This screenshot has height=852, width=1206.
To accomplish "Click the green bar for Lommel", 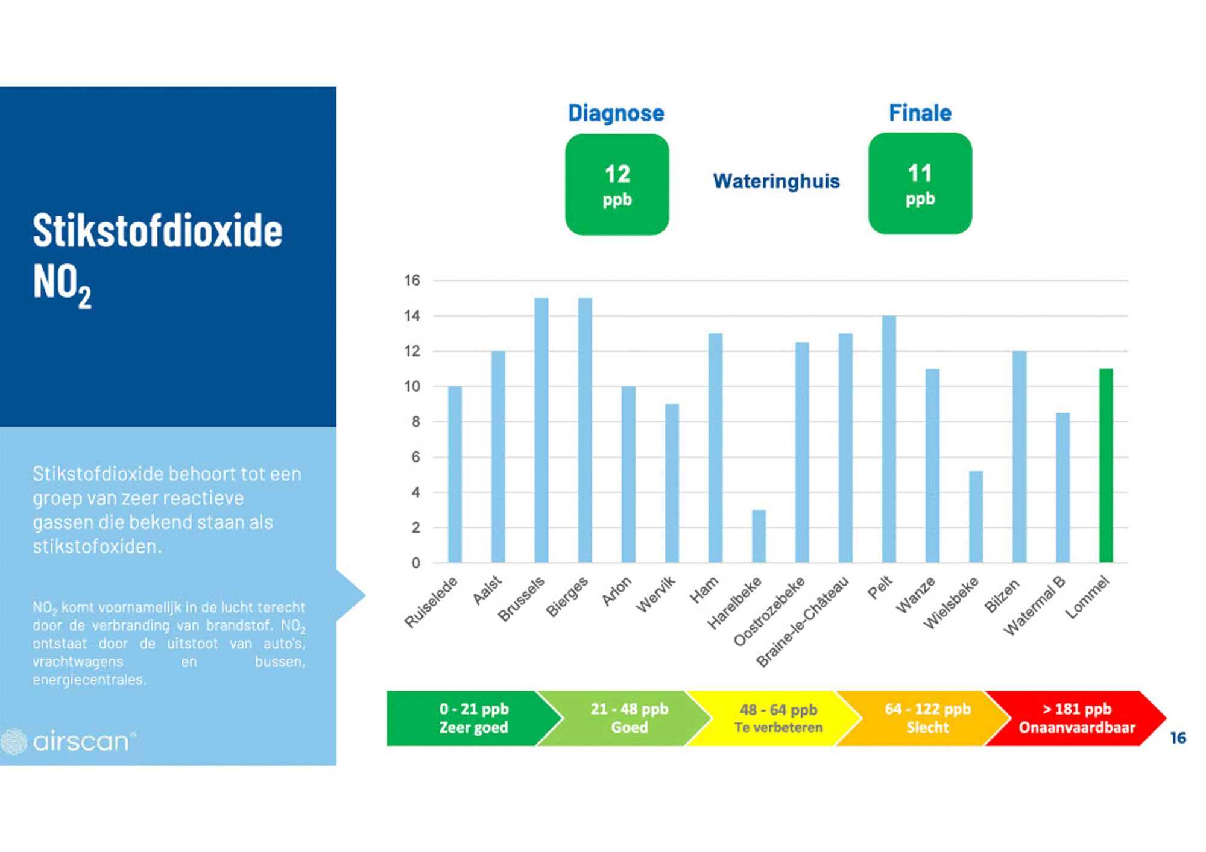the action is [1106, 465].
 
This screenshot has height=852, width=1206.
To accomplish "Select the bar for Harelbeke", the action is [759, 536].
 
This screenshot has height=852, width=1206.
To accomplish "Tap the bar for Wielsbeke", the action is [976, 517].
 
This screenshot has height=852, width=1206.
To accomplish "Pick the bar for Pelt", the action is [889, 439].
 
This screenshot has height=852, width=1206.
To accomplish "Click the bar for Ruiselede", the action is [455, 474].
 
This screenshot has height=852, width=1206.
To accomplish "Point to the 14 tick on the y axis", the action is [412, 316].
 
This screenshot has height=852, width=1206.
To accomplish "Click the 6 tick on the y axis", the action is [416, 457].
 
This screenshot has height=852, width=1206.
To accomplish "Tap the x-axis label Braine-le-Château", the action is [802, 621].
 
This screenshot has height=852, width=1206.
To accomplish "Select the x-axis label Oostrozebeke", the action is [769, 611].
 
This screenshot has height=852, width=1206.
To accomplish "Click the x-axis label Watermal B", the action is [1034, 606].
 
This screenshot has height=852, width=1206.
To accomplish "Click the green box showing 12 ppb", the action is [617, 184].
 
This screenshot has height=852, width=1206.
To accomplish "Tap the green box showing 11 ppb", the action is [920, 183].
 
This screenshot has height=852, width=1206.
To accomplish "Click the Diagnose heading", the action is [616, 113].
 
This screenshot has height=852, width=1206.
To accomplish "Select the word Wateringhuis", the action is [776, 181].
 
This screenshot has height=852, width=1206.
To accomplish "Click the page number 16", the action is [1178, 738].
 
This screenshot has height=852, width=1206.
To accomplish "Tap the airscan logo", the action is [68, 741].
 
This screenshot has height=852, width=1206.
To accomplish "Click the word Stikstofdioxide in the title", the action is [157, 230].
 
